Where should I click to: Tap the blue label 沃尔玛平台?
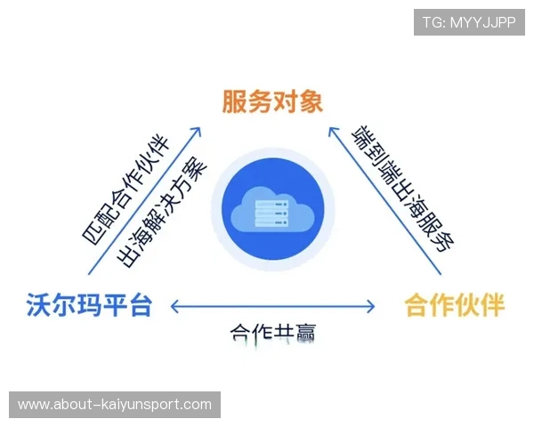coord(89,306)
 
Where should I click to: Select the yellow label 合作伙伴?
coord(455,306)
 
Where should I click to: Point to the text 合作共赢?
coord(273,334)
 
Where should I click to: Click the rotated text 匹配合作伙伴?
coord(125,189)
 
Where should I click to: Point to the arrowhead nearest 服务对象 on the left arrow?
coord(198,132)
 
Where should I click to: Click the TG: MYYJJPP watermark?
coord(469,22)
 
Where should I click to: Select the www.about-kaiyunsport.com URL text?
coord(114,405)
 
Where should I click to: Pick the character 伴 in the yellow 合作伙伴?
coord(492,306)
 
